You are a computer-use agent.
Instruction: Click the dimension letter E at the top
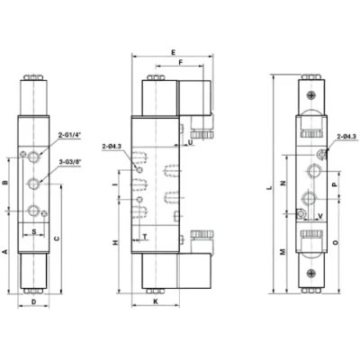(x=174, y=52)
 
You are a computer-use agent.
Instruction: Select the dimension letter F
(x=180, y=62)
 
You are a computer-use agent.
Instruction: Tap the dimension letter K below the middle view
(x=156, y=301)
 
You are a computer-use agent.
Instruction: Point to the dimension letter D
(x=34, y=301)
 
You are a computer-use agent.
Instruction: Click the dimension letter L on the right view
(x=270, y=188)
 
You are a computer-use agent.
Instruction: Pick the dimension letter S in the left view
(x=34, y=231)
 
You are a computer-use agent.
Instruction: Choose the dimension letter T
(x=146, y=237)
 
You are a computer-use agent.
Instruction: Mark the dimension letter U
(x=190, y=142)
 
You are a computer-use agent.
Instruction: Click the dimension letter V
(x=320, y=216)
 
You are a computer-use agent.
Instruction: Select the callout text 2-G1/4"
(x=70, y=135)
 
